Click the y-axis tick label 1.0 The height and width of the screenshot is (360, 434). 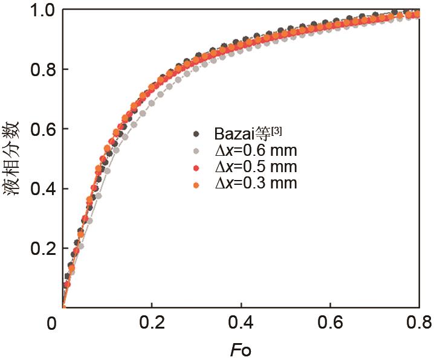tap(41, 11)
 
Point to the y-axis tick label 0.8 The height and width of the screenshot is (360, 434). tap(41, 70)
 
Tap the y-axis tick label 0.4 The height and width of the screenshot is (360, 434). tap(41, 189)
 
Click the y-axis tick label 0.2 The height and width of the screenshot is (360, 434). tap(41, 248)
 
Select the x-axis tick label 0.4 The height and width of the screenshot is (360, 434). tap(241, 325)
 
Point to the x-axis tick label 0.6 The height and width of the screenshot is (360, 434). tap(330, 325)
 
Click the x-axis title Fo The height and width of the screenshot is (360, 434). tap(241, 350)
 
